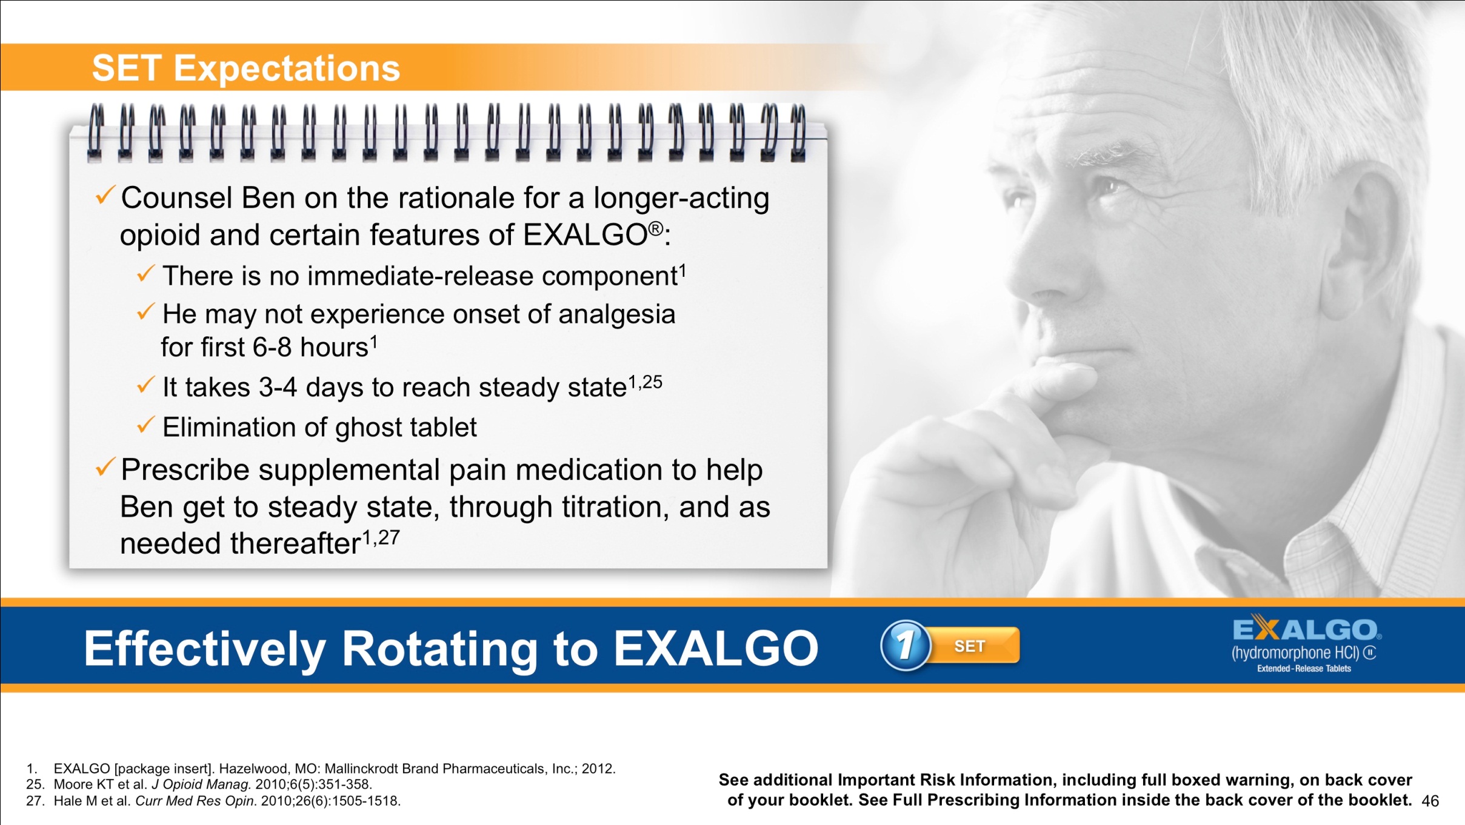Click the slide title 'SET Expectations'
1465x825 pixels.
click(x=245, y=68)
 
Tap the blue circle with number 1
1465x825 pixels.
click(x=905, y=646)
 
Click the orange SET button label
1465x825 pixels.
click(x=970, y=646)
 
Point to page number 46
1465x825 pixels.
click(x=1430, y=801)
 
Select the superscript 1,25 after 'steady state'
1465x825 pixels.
click(x=645, y=382)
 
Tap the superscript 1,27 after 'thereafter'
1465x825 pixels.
click(x=381, y=537)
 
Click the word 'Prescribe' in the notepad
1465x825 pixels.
click(x=185, y=470)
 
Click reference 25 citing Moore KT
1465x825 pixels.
click(x=200, y=784)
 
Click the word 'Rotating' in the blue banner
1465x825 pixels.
click(x=439, y=649)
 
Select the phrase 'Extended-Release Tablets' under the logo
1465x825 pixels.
click(x=1304, y=669)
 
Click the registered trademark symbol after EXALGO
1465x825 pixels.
click(x=656, y=228)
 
